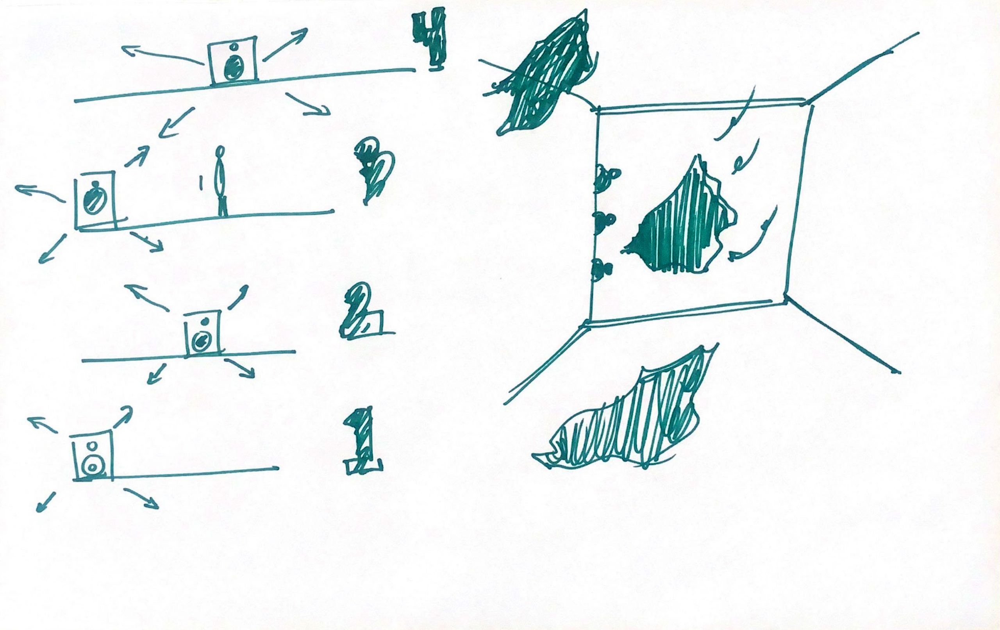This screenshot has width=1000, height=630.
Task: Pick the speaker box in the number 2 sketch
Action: (x=203, y=333)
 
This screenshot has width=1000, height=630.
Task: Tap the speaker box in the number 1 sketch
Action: (x=93, y=457)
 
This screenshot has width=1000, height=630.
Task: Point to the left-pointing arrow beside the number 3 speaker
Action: (x=40, y=193)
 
